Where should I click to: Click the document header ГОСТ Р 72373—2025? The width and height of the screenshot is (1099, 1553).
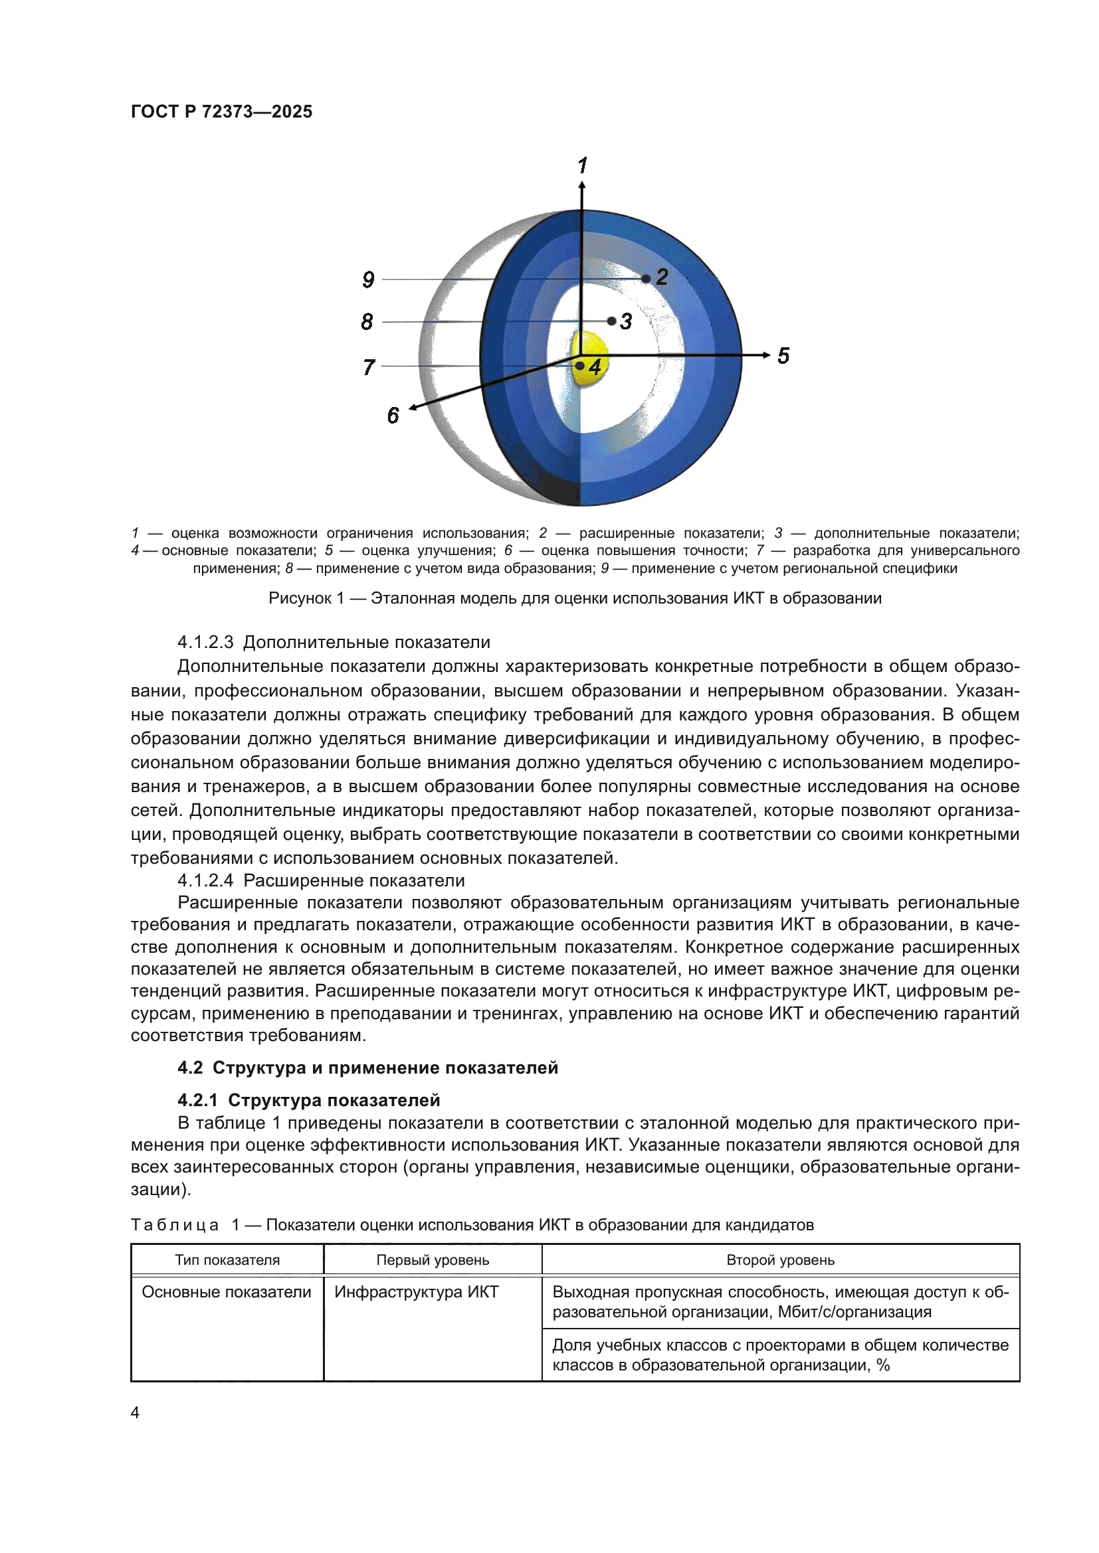[x=221, y=112]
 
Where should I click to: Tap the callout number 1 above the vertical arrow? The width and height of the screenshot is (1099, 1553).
[x=583, y=165]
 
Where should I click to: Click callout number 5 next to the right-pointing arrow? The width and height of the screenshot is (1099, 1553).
[x=783, y=356]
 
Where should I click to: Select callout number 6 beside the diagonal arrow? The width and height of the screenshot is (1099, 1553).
[x=393, y=415]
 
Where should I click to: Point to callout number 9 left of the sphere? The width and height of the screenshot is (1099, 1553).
[x=368, y=280]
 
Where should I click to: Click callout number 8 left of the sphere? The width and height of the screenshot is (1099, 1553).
[x=367, y=321]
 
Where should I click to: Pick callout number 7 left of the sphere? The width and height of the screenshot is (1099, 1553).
[x=368, y=367]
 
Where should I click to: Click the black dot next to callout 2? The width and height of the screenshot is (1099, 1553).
[x=646, y=278]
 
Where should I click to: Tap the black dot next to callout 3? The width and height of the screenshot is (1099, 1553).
[x=612, y=321]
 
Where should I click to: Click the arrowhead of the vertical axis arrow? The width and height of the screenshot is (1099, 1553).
[x=582, y=185]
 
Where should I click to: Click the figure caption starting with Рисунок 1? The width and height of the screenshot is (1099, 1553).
[x=575, y=598]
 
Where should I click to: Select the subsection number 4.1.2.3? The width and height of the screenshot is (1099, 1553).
[x=205, y=642]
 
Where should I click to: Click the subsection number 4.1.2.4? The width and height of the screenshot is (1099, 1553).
[x=205, y=880]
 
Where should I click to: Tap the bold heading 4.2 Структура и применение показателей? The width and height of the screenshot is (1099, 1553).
[x=367, y=1068]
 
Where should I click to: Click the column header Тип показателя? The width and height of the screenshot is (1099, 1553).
[x=227, y=1260]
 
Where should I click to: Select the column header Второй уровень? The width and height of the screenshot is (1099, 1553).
[x=779, y=1260]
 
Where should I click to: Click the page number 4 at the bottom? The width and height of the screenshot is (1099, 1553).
[x=135, y=1412]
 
